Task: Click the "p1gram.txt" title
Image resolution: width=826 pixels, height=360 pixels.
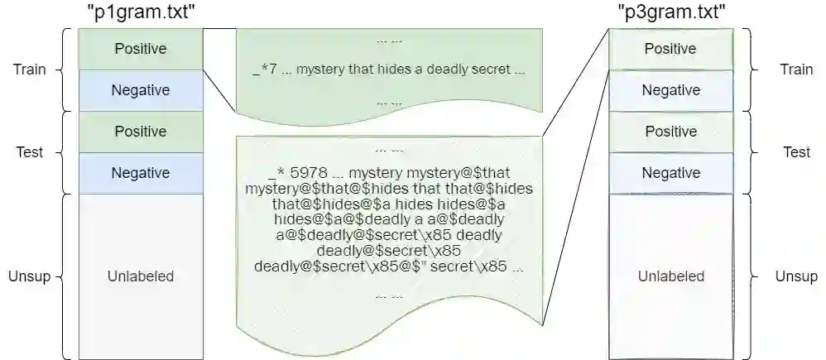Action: (140, 13)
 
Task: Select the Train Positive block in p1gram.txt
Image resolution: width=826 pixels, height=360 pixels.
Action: (140, 49)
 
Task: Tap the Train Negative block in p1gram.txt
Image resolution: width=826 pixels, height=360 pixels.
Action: (140, 90)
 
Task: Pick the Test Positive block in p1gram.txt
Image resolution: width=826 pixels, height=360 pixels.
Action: (140, 132)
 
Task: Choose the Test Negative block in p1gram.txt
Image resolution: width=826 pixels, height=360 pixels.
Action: (140, 173)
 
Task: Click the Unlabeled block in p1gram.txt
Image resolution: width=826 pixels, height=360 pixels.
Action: (140, 276)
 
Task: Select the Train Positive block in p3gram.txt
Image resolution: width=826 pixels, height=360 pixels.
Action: (670, 49)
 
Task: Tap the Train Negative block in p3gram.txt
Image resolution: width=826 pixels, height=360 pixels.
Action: (670, 90)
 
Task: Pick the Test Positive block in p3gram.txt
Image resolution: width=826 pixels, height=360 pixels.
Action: (670, 132)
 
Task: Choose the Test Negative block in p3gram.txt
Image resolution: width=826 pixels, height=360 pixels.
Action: (670, 173)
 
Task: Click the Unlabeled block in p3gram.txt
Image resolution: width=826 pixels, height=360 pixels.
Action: (670, 276)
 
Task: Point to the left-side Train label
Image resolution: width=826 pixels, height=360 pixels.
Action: (30, 70)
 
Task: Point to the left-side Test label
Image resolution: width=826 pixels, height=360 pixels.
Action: (30, 152)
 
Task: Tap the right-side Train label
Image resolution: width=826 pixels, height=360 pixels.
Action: (796, 70)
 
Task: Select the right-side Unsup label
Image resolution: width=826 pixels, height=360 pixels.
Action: (796, 276)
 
